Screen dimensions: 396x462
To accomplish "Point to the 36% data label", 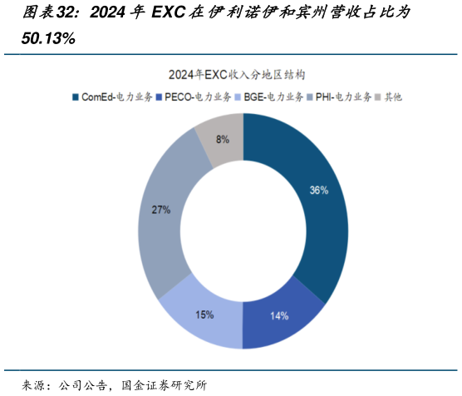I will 318,191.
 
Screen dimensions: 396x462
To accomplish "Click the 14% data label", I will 279,315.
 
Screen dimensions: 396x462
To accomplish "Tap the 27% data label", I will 160,210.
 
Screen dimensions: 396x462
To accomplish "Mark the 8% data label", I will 223,140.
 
